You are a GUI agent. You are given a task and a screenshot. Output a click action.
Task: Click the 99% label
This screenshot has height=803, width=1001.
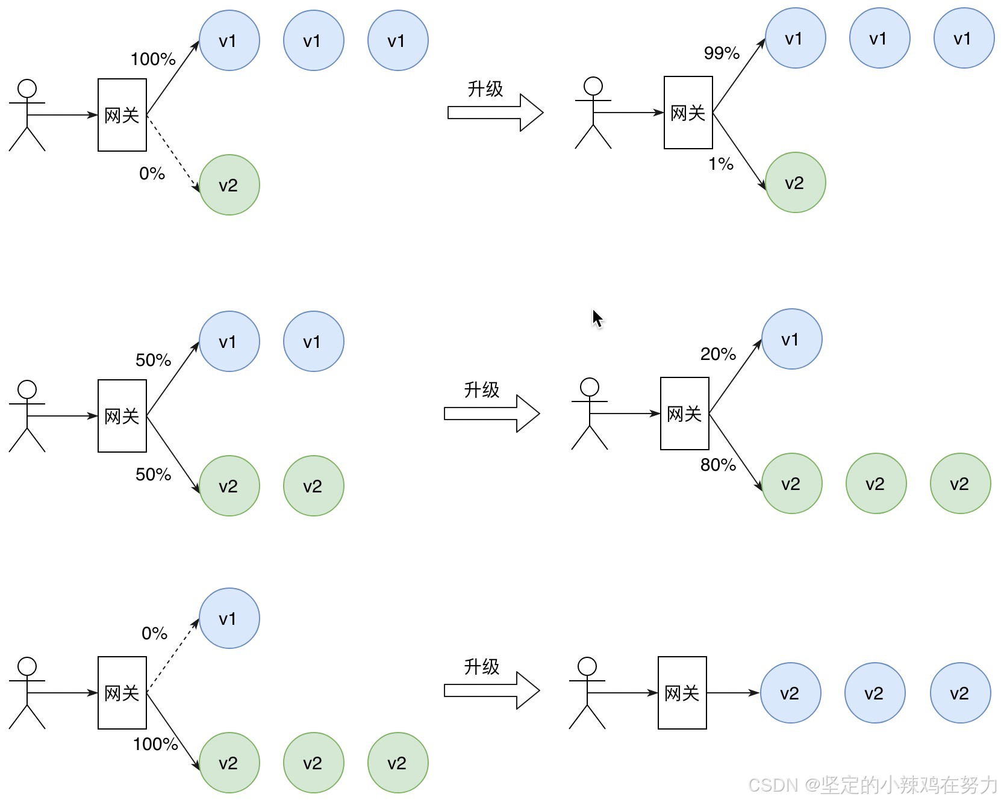721,53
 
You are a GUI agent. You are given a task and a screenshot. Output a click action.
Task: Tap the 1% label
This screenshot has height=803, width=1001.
720,164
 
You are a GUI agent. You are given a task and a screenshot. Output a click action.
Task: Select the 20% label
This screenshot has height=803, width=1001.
717,354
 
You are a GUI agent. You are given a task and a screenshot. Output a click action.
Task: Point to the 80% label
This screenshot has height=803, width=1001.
717,465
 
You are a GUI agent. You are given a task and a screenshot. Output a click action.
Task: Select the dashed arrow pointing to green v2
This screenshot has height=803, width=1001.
173,153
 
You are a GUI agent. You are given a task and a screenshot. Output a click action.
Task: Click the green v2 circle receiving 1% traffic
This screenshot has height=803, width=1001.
795,182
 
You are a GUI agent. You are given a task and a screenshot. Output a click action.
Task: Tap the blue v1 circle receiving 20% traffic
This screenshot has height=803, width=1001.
791,339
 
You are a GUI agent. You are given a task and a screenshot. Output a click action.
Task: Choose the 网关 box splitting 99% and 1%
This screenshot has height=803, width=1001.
688,113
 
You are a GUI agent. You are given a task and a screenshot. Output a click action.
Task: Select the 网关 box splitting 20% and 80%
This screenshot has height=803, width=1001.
684,414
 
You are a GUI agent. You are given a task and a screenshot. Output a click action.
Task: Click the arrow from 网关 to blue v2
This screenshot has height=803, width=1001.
733,693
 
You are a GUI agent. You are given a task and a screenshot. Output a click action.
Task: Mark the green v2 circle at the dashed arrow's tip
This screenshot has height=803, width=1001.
229,185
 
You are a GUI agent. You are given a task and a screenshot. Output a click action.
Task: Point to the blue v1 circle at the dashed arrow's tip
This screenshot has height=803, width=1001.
229,618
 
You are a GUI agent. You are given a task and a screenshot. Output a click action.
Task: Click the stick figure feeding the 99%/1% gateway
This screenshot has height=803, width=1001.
593,113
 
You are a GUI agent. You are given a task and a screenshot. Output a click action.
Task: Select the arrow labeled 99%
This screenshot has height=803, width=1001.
739,75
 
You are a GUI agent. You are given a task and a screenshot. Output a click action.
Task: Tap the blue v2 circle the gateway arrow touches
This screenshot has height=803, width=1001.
790,693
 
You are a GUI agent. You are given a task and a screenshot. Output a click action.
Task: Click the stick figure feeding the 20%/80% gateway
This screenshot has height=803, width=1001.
590,414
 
